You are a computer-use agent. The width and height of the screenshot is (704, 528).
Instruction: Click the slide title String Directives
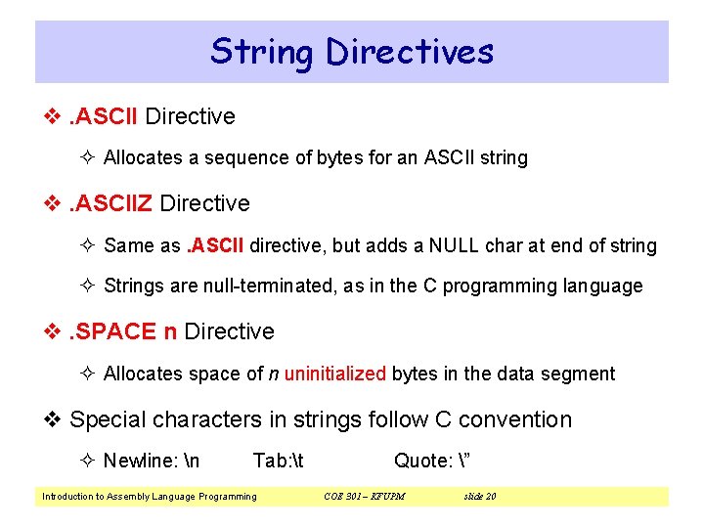pyautogui.click(x=352, y=51)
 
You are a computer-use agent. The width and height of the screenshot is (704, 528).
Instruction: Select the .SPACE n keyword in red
pyautogui.click(x=122, y=332)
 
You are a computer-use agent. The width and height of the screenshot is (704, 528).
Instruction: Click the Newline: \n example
pyautogui.click(x=152, y=461)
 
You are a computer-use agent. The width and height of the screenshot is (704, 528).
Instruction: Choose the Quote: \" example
pyautogui.click(x=427, y=461)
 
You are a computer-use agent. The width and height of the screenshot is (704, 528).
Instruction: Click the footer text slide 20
pyautogui.click(x=479, y=497)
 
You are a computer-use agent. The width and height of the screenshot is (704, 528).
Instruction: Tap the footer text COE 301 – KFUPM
pyautogui.click(x=364, y=497)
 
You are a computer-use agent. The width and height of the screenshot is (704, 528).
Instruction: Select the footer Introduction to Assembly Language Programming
pyautogui.click(x=149, y=497)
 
